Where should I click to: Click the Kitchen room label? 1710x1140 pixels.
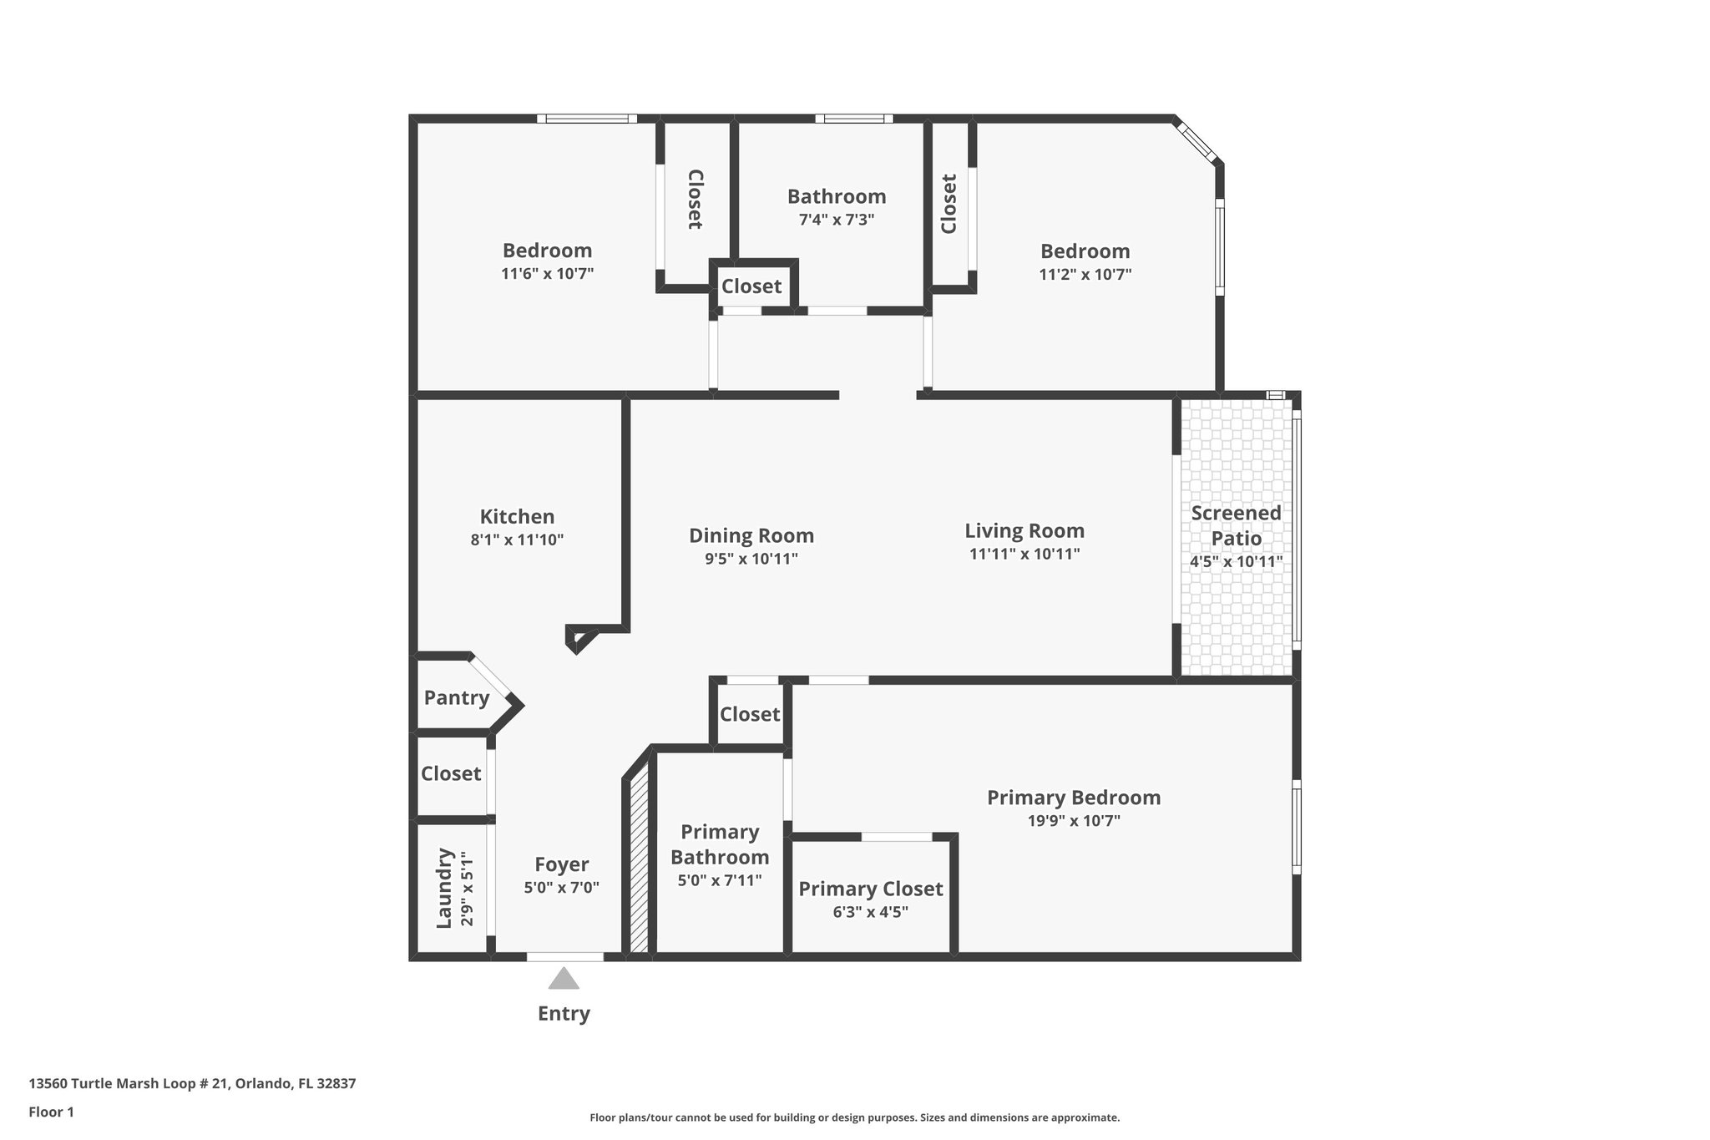[517, 517]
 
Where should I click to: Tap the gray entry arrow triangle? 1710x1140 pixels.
[564, 979]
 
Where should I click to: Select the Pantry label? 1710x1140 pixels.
[456, 697]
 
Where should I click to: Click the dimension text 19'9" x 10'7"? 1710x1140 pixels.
[1074, 821]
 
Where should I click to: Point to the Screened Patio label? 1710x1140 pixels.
[1236, 525]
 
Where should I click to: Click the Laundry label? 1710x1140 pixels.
[444, 888]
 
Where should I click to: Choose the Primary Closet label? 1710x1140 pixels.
[870, 889]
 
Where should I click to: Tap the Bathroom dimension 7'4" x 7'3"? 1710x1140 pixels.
[837, 220]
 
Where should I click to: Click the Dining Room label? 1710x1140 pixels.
[751, 535]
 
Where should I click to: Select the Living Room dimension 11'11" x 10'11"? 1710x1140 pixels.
[1024, 554]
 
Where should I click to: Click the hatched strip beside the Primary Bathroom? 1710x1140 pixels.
[639, 860]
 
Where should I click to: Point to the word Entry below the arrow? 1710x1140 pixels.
[564, 1014]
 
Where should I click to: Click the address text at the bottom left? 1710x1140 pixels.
[192, 1084]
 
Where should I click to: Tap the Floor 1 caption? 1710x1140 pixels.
[51, 1112]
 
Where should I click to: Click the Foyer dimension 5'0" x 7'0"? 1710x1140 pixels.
[561, 888]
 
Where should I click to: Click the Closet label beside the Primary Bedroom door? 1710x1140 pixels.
[750, 714]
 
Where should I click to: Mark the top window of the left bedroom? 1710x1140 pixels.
[586, 119]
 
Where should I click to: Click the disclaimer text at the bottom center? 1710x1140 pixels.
[854, 1117]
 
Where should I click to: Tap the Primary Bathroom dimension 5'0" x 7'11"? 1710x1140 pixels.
[720, 880]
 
